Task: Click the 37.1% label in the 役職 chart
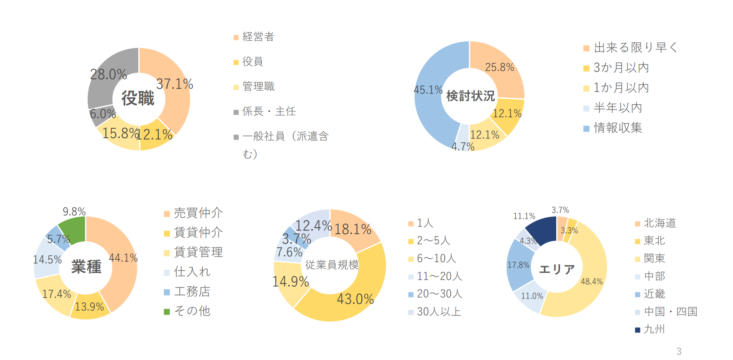(x=175, y=84)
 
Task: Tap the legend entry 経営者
(x=258, y=37)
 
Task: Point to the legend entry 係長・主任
(x=269, y=111)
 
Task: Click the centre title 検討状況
(x=470, y=96)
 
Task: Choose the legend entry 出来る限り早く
(x=635, y=47)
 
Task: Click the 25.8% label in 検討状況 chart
(x=500, y=67)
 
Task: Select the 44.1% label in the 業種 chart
(x=123, y=258)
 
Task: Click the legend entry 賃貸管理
(x=198, y=252)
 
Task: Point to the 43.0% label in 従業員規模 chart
(x=355, y=299)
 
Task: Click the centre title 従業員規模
(x=332, y=265)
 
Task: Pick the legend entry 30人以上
(x=438, y=312)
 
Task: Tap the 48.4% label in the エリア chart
(x=592, y=281)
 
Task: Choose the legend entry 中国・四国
(x=670, y=312)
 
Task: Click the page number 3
(x=679, y=351)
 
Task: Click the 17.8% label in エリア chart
(x=518, y=265)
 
